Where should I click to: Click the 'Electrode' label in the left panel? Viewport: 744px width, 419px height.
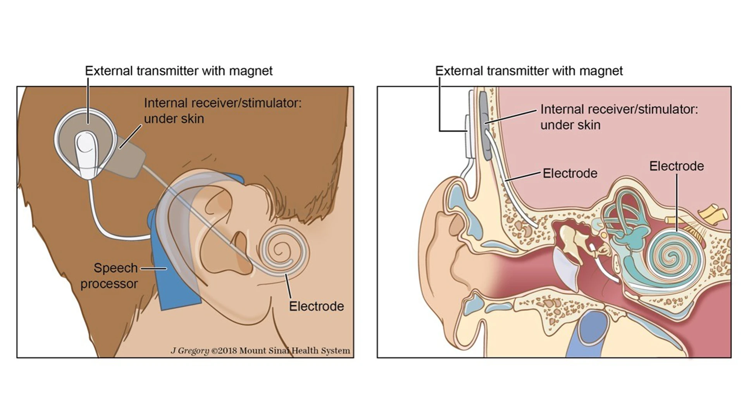[x=316, y=306]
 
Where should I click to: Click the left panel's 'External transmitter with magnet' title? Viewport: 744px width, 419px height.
[x=179, y=71]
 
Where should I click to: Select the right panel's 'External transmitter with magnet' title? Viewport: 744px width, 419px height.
[x=529, y=71]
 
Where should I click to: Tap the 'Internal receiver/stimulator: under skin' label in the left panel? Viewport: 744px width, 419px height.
[x=222, y=111]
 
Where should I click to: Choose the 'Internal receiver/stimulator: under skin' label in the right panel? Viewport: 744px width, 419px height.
[x=619, y=117]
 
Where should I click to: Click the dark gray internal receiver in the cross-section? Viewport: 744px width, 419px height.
[x=485, y=124]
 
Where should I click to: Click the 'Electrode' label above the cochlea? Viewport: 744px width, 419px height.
[x=677, y=166]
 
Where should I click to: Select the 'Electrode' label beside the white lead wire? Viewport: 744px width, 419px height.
[x=570, y=173]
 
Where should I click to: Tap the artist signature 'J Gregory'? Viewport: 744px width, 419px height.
[x=190, y=351]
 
